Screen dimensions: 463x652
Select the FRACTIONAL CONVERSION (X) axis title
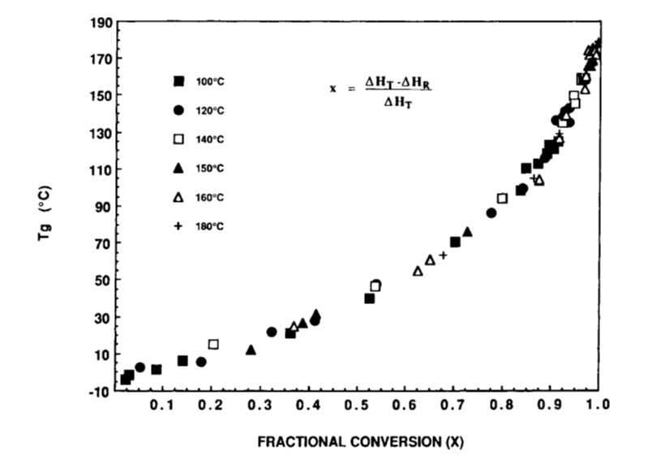[361, 443]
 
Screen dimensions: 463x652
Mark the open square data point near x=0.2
[213, 344]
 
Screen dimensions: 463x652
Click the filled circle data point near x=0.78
[491, 213]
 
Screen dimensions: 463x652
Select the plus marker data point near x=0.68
[443, 255]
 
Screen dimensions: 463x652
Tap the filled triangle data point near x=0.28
[251, 350]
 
